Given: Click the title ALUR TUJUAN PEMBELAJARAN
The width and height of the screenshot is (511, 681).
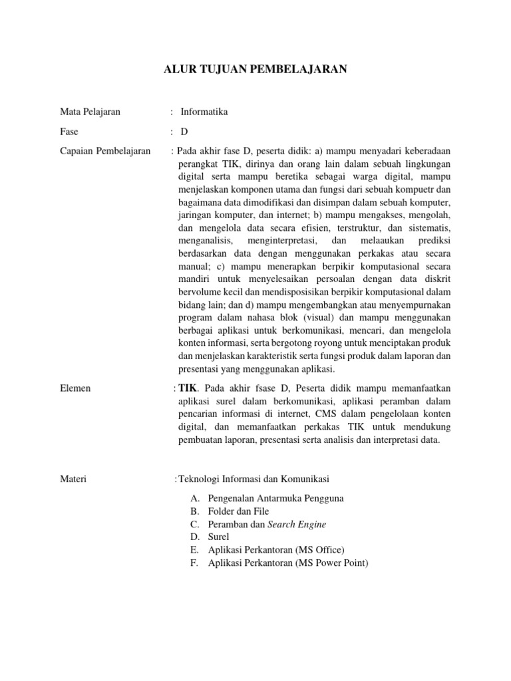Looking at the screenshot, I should tap(255, 68).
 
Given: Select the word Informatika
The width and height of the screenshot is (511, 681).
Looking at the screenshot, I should tap(204, 112).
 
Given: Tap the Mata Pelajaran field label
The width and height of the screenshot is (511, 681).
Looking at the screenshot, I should tap(90, 112).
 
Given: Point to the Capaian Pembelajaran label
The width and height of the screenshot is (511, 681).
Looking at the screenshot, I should tap(105, 151).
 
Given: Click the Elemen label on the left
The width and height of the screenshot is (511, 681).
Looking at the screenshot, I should tap(75, 388).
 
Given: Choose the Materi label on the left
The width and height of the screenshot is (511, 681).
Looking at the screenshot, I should tap(73, 479).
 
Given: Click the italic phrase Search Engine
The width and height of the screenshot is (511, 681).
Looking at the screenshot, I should tap(297, 524).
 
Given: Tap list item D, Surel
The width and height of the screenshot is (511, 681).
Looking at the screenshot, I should tap(219, 537).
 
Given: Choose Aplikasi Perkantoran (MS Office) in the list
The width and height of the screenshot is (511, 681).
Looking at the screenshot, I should tap(276, 550).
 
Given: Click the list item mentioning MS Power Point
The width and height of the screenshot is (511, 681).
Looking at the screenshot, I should tap(288, 563).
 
